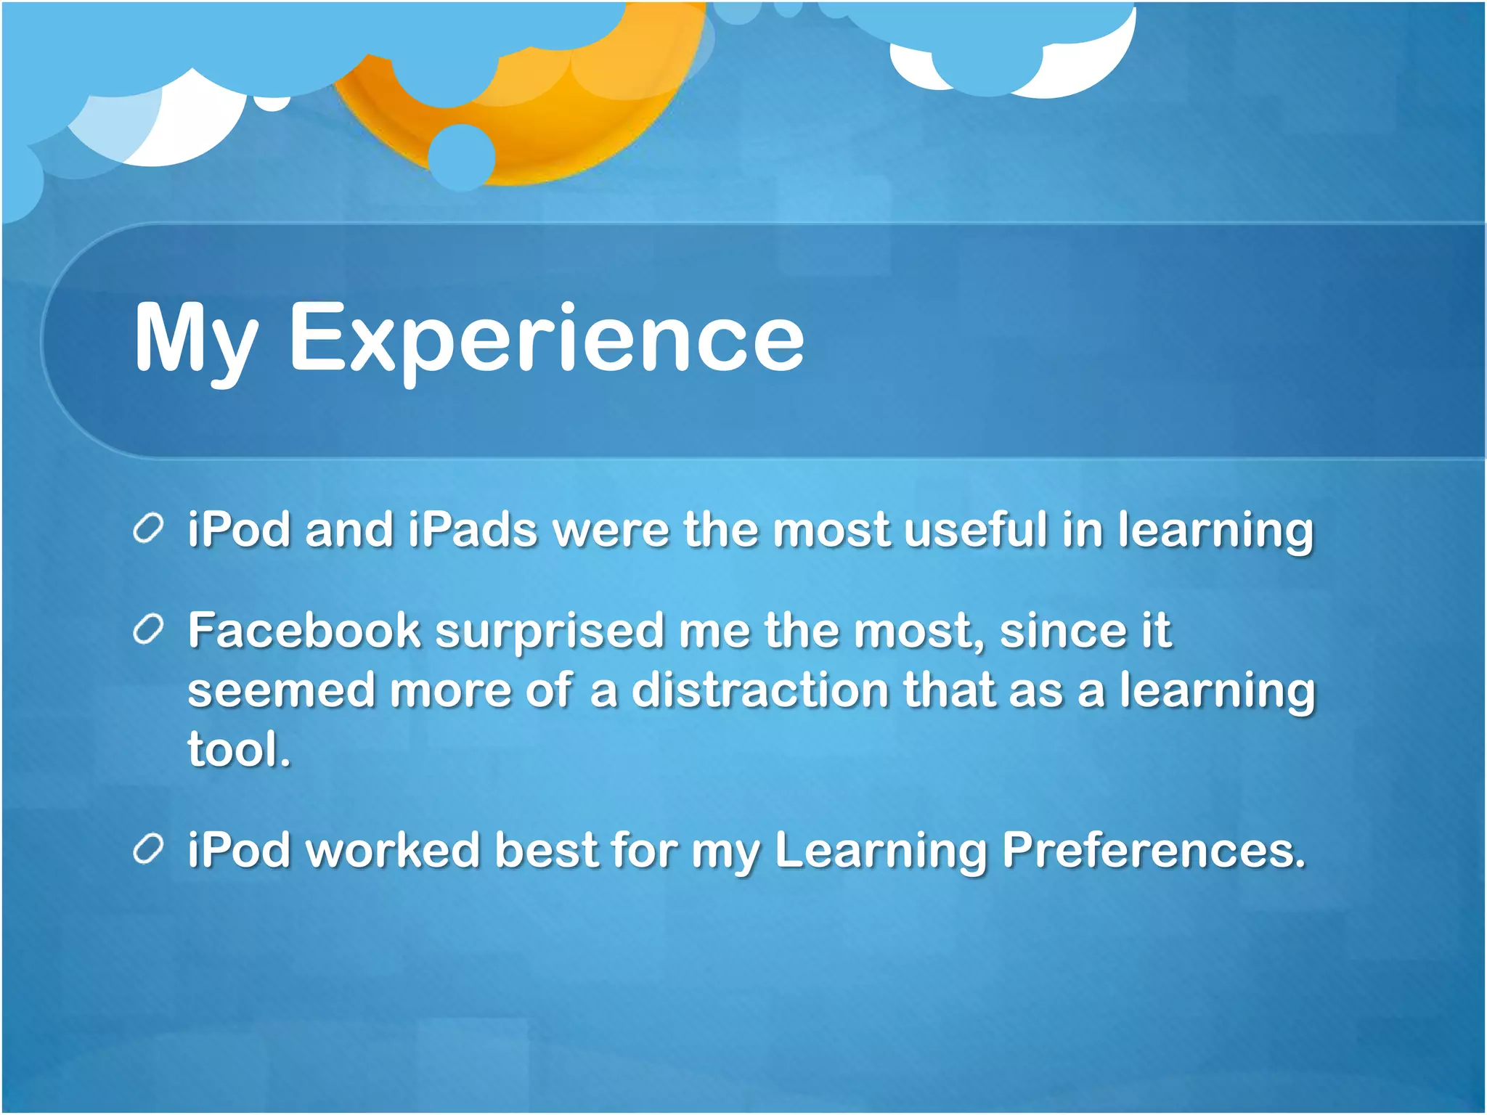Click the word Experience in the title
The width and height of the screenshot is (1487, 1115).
click(x=546, y=340)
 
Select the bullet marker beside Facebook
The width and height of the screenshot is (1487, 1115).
click(x=148, y=629)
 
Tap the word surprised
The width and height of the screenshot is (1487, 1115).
click(x=549, y=632)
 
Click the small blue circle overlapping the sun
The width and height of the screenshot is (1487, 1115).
click(x=462, y=157)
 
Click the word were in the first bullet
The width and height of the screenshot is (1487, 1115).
click(x=611, y=530)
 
